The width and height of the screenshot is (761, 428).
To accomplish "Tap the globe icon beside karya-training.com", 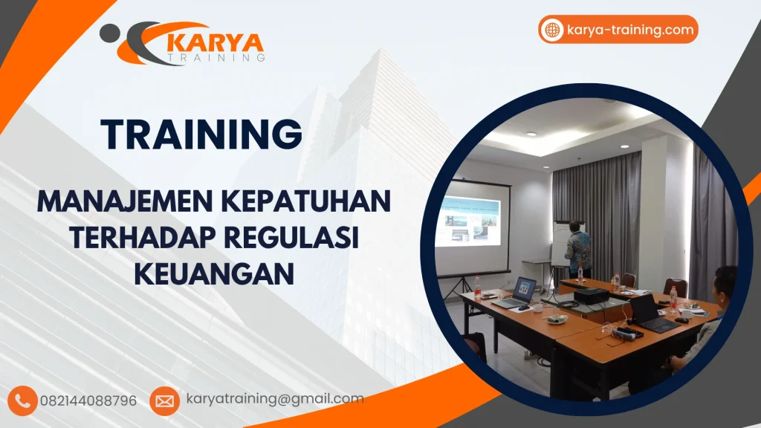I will (552, 30).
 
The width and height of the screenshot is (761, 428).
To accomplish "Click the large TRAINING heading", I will (202, 134).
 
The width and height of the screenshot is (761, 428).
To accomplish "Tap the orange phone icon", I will (22, 401).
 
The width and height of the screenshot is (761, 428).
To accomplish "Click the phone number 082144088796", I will (94, 401).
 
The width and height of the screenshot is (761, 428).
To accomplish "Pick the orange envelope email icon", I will (164, 401).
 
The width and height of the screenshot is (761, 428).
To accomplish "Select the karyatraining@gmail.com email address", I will (274, 398).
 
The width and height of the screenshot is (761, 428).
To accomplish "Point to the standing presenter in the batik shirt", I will (577, 249).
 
